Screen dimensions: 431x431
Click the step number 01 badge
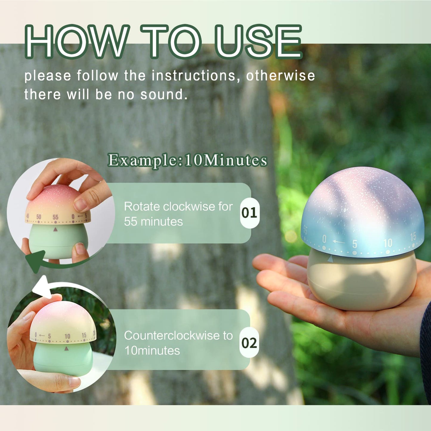249,213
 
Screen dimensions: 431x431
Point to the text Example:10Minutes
187,160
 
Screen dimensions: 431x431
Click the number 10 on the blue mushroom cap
388,243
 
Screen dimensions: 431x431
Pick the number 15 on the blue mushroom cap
413,237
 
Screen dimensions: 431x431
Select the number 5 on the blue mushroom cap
355,244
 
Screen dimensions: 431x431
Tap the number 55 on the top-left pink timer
55,217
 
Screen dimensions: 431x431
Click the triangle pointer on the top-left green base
55,229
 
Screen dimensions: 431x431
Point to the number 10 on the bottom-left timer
67,336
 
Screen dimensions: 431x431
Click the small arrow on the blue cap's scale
339,242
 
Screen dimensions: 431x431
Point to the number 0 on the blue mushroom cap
324,239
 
